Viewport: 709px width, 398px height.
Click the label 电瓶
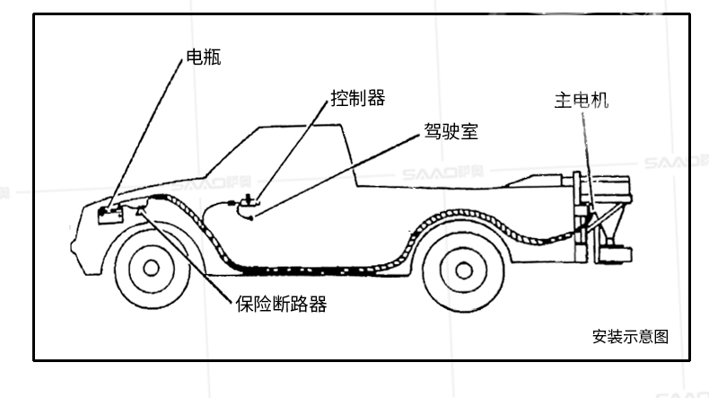pyautogui.click(x=202, y=58)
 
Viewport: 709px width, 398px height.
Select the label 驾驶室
pyautogui.click(x=451, y=132)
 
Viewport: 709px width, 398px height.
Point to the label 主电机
pyautogui.click(x=581, y=99)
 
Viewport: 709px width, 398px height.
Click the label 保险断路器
pyautogui.click(x=281, y=304)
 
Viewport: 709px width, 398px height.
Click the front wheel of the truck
pyautogui.click(x=151, y=268)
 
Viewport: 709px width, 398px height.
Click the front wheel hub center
pyautogui.click(x=151, y=268)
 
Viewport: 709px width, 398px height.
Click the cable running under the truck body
pyautogui.click(x=314, y=268)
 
